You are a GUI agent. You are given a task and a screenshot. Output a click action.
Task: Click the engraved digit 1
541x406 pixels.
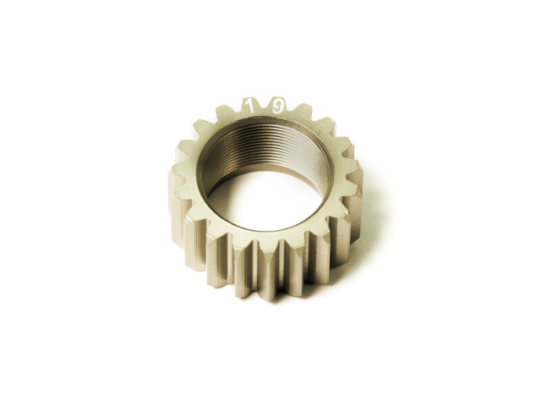coord(248,105)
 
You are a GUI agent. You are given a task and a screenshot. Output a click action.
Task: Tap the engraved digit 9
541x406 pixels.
coord(278,107)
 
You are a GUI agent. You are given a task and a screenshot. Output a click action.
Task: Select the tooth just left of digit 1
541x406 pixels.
coord(224,112)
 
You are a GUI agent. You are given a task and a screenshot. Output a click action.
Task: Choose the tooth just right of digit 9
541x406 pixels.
coord(303,112)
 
